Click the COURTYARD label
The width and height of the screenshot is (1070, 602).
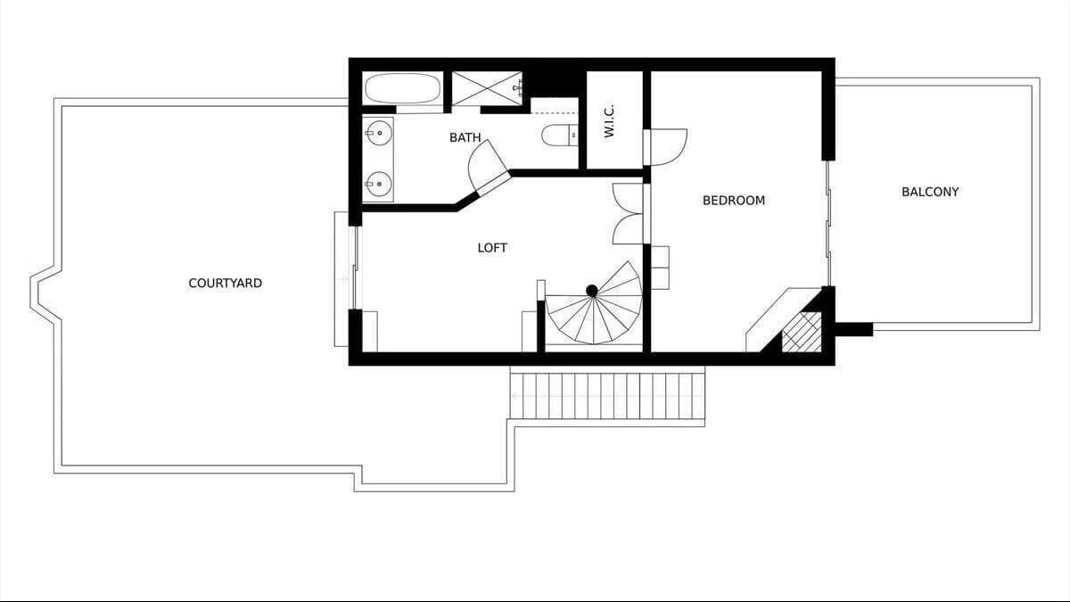(x=225, y=284)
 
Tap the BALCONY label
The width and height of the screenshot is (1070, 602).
(x=930, y=192)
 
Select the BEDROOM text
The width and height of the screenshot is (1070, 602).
(x=734, y=200)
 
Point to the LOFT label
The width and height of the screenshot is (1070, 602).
(x=492, y=248)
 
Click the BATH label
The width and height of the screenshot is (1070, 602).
(x=465, y=137)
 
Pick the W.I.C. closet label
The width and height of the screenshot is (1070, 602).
(x=609, y=122)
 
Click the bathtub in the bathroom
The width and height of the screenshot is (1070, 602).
(x=403, y=88)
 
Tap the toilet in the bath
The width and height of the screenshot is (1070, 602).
(x=560, y=135)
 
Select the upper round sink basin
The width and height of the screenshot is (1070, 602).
(x=378, y=133)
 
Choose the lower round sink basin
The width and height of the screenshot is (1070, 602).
(x=379, y=184)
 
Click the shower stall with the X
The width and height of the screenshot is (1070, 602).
(x=487, y=88)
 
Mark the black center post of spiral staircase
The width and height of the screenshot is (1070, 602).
(x=592, y=291)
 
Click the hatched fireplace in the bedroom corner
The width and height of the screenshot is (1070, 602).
(x=801, y=332)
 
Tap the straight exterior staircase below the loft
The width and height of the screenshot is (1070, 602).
(x=607, y=396)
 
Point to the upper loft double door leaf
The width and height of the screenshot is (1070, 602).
(x=628, y=198)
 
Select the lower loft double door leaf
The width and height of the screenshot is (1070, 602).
(x=628, y=229)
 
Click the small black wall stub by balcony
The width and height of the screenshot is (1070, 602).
(x=854, y=329)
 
